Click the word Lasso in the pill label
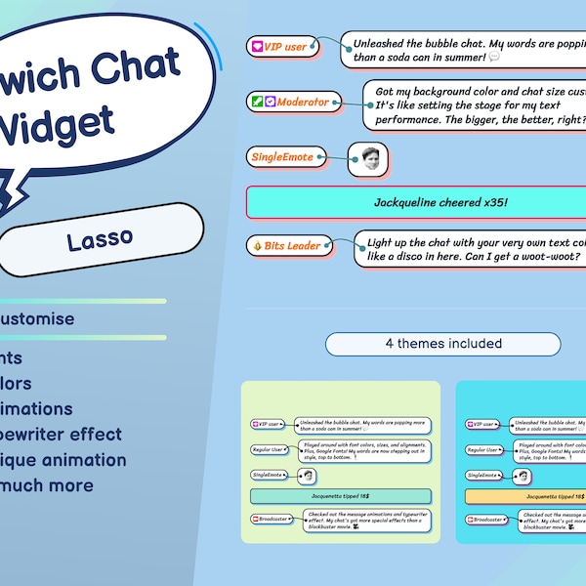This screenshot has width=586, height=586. point(101,239)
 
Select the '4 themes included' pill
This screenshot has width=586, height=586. point(442,344)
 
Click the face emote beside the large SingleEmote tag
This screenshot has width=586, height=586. point(368,159)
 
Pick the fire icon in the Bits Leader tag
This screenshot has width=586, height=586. point(257,246)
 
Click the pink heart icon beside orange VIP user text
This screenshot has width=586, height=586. point(257,47)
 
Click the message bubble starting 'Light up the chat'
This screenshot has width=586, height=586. point(469,248)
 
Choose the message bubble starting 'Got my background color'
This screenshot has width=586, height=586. point(474,105)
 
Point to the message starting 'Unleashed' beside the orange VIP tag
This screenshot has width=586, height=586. point(464,51)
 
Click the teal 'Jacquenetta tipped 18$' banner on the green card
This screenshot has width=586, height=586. point(341,497)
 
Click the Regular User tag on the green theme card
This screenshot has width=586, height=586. point(272,449)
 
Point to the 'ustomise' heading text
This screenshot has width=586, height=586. point(38,318)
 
